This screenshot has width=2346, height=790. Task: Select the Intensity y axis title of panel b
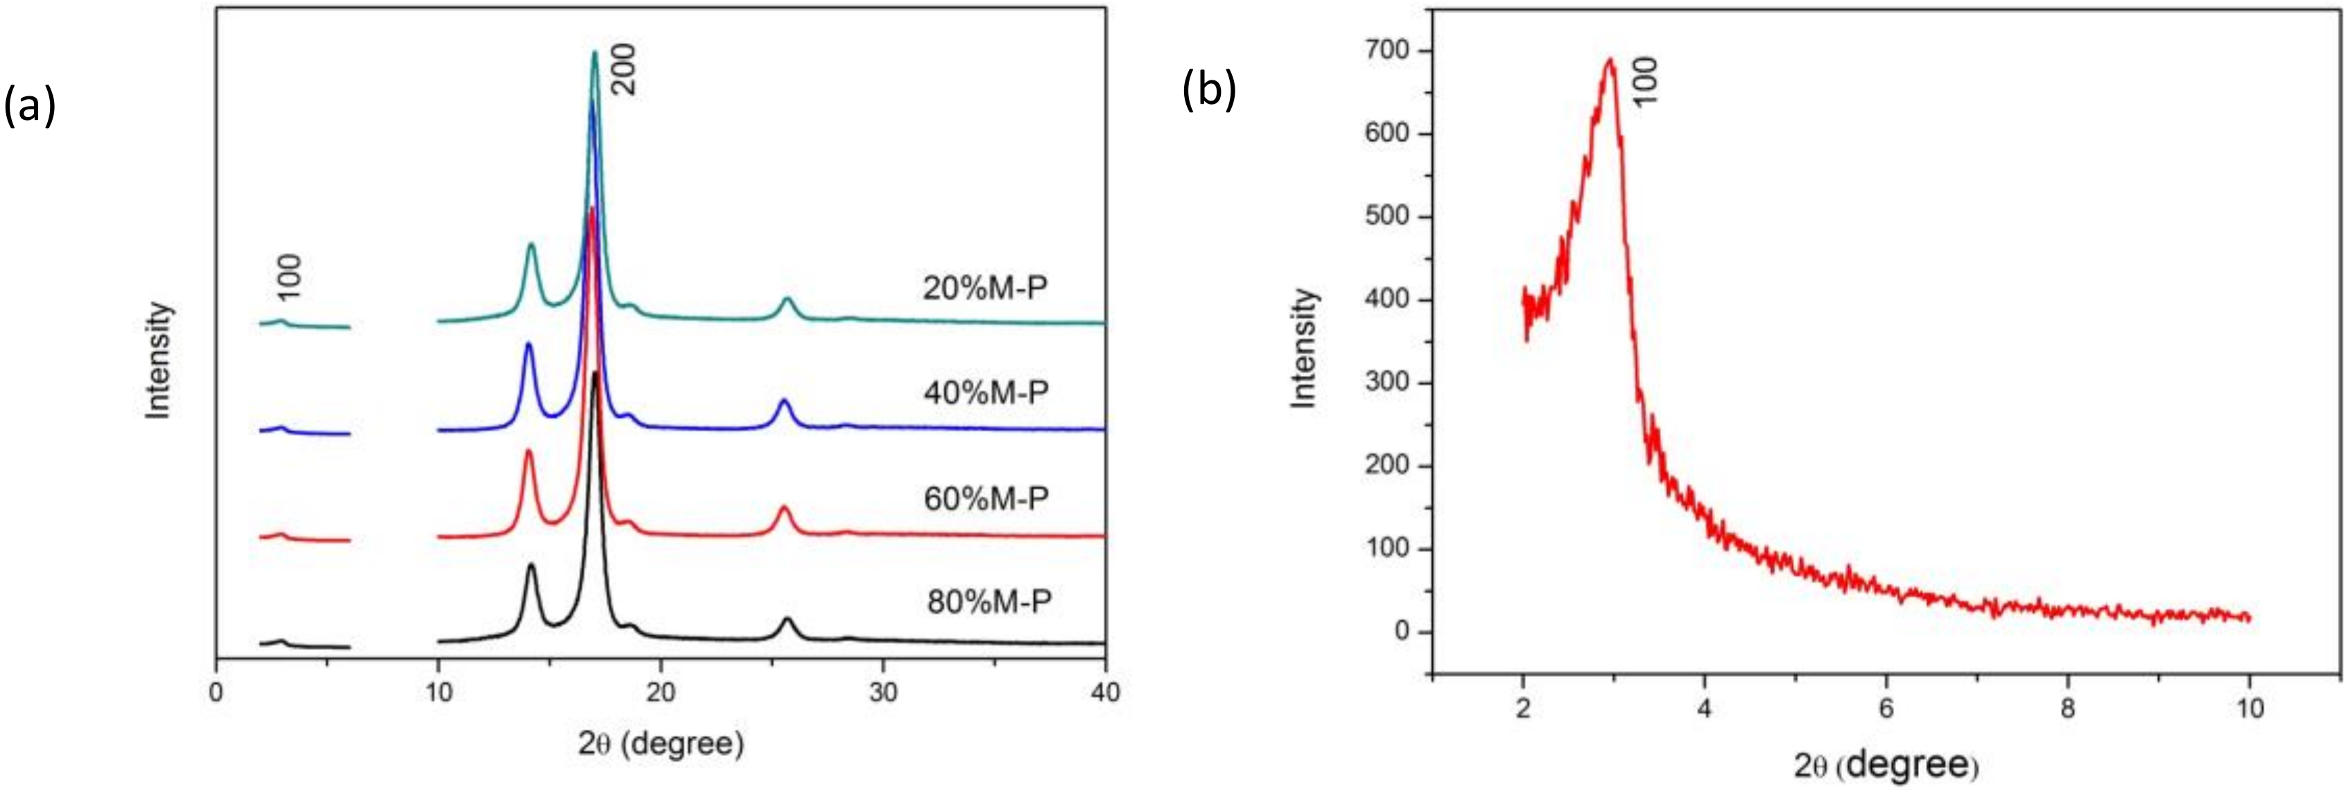pos(1305,349)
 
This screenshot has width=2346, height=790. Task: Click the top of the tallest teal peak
pos(595,52)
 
